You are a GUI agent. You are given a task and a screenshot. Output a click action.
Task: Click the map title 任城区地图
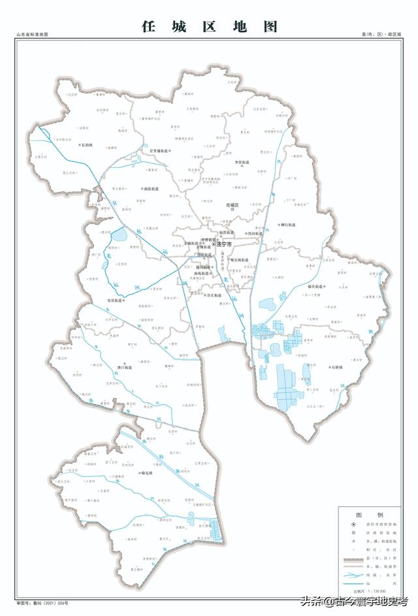point(209,27)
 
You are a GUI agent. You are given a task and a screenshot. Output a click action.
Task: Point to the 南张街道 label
point(153,188)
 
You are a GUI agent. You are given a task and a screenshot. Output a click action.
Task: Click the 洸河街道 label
point(255,233)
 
